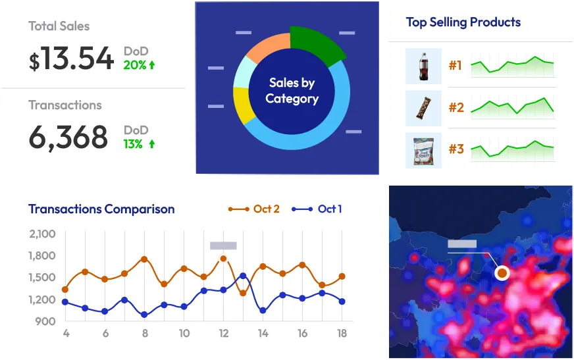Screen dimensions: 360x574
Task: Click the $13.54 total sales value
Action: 71,59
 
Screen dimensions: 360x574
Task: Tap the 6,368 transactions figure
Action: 68,138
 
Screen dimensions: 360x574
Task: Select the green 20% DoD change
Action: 139,65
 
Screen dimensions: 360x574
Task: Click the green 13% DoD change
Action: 139,143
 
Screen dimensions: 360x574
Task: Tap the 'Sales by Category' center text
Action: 292,91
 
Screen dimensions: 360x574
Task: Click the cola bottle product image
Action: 423,66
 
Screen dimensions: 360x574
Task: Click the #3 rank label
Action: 456,149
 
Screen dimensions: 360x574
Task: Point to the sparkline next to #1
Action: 512,66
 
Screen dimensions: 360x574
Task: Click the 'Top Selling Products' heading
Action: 463,22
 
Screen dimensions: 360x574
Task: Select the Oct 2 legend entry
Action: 254,209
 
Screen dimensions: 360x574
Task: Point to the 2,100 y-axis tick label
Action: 42,234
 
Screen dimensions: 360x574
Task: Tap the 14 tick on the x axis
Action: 263,334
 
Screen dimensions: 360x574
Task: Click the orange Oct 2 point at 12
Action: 223,259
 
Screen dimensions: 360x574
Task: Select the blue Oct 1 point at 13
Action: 243,276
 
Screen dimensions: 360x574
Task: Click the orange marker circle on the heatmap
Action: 502,272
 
